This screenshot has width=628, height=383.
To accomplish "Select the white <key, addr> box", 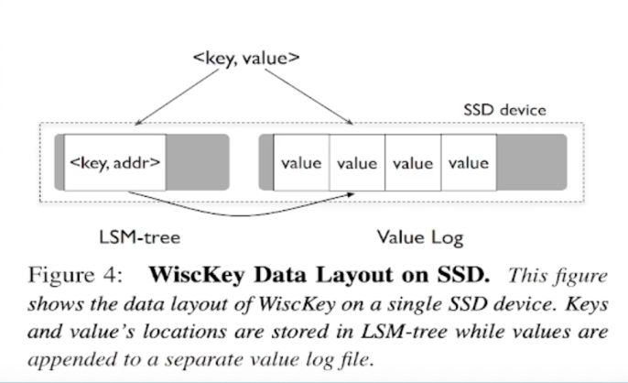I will point(115,163).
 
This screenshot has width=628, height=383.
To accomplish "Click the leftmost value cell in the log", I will point(301,163).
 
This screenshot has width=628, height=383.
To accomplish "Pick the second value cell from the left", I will point(357,163).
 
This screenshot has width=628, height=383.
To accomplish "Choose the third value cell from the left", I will point(412,163).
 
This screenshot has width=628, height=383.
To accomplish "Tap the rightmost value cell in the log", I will point(468,163).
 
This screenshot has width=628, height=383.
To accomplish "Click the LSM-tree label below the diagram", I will point(138,237).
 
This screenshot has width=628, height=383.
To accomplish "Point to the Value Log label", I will point(420,237).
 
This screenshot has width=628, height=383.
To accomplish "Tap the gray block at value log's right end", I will point(531,163).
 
